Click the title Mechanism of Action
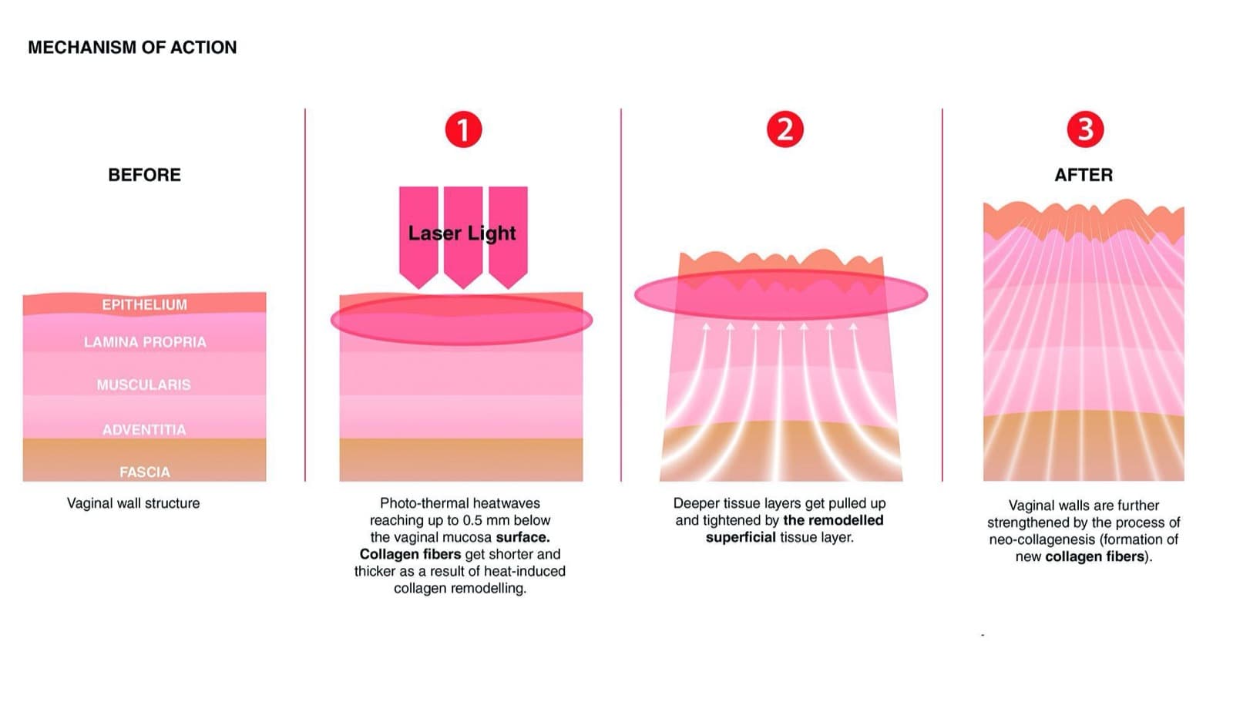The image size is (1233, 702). point(132,47)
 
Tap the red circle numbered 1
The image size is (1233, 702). point(463,129)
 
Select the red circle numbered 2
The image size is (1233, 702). point(785,129)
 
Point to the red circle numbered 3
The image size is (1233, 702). point(1085,129)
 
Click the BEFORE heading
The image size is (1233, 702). point(144,175)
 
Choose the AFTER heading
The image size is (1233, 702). point(1083,175)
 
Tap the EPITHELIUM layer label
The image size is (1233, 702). point(144,304)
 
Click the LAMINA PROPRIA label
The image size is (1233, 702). point(145,342)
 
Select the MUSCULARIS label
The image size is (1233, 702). point(143,385)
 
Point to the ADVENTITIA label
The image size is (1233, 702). point(144,429)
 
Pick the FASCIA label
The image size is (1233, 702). point(145,472)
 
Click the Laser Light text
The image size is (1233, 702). point(462,233)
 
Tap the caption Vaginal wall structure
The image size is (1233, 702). point(133,503)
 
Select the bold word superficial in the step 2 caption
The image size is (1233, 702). point(741,537)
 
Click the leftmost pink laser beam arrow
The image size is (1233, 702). point(419,237)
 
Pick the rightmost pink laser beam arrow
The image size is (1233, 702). point(508,237)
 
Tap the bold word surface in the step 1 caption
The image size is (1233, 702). point(523,537)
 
